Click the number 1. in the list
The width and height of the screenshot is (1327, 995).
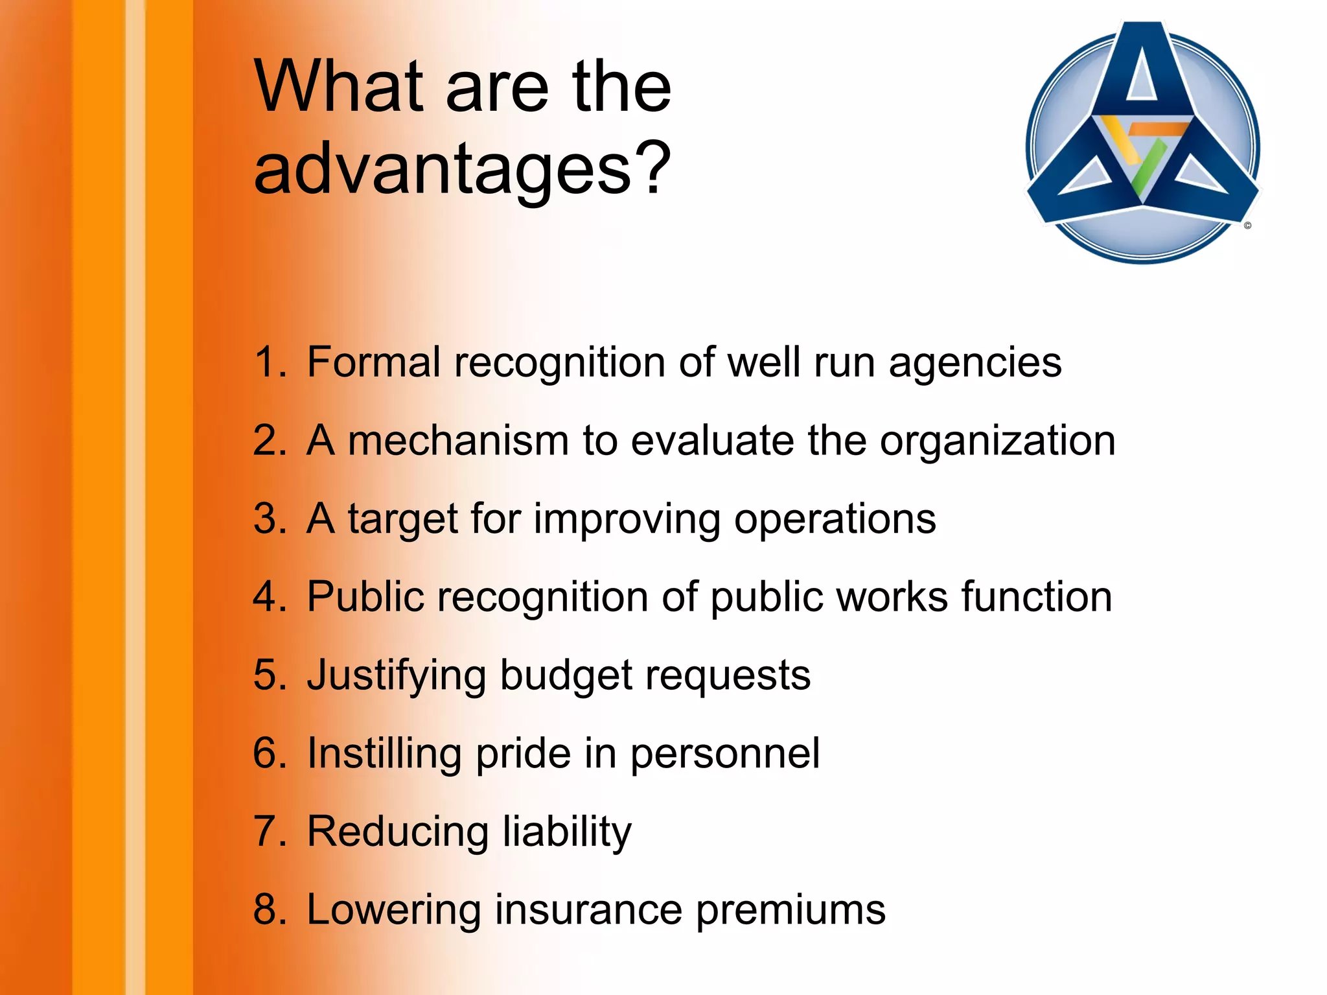[x=270, y=362]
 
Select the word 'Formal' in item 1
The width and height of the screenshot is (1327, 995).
[x=374, y=362]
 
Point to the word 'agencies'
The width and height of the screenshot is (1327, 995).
[x=975, y=363]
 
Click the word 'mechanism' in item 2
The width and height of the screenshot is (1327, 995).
[x=458, y=441]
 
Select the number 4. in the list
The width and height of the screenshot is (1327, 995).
[x=270, y=597]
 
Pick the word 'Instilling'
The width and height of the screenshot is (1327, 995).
[x=384, y=754]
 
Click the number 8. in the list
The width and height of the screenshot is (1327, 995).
[x=270, y=909]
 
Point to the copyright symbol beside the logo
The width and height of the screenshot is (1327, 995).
[x=1247, y=226]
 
